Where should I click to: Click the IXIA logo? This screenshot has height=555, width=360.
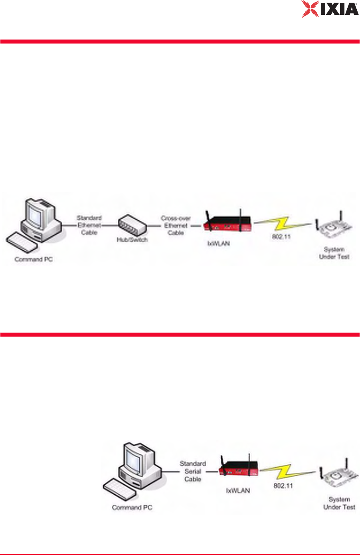coord(330,9)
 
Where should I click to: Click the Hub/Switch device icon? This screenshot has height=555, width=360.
coord(132,226)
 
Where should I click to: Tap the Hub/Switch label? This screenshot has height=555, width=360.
coord(132,240)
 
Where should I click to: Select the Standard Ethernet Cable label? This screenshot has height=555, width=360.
coord(89,225)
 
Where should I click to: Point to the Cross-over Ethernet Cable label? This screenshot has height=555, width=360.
coord(176,226)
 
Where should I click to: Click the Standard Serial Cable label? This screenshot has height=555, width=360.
coord(193,471)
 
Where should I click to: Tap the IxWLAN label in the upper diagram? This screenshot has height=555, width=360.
coord(219,243)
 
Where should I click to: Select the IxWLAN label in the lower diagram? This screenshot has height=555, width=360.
coord(238,490)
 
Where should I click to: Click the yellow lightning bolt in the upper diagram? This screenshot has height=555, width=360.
coord(282,224)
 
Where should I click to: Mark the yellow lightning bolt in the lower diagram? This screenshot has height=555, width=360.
coord(287,472)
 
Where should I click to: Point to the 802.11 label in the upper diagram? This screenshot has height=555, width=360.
coord(281,237)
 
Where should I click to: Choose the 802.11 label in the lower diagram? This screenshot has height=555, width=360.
coord(283,486)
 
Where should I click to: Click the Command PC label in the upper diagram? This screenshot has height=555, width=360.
coord(34,259)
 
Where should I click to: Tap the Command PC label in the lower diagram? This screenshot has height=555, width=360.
coord(132,507)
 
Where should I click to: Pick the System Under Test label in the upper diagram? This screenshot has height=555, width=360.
coord(334,253)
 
